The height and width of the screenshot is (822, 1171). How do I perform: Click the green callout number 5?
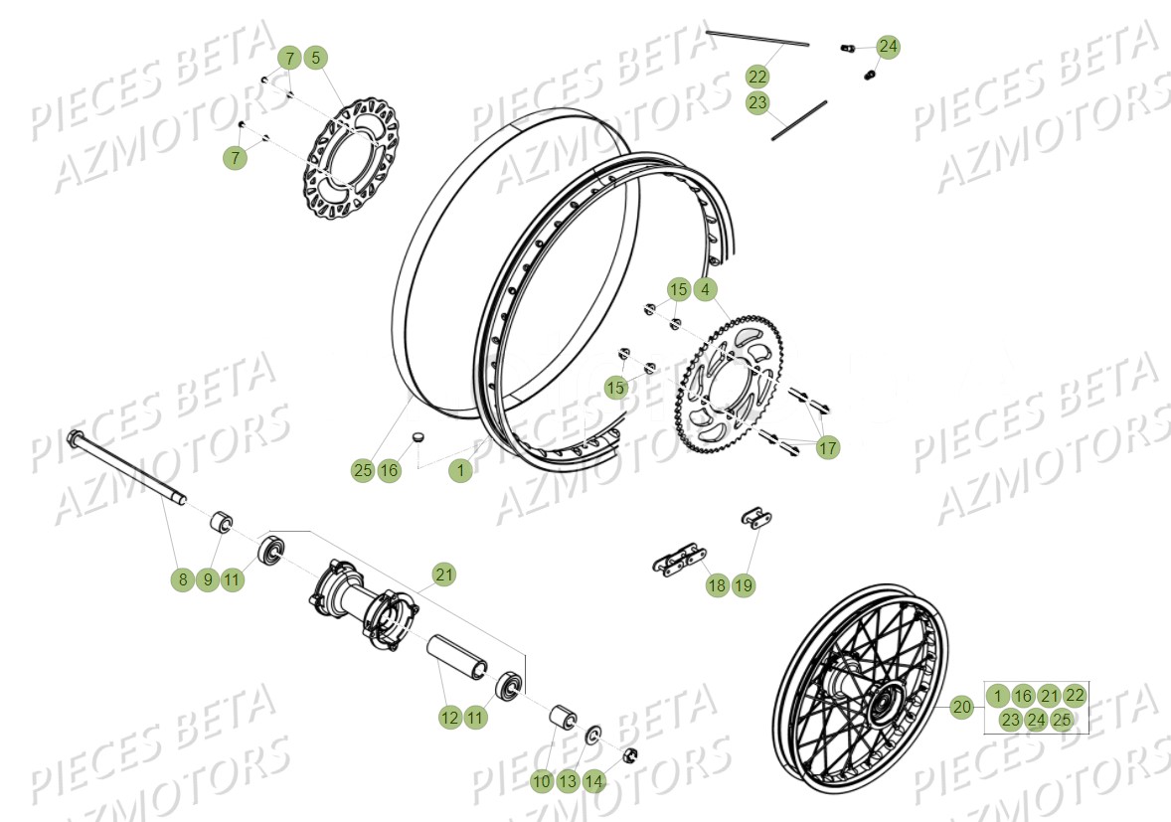(315, 58)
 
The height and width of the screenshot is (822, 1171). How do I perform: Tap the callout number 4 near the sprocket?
(705, 290)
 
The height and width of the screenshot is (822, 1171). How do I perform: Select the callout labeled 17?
(827, 448)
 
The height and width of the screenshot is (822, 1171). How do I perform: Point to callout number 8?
(182, 579)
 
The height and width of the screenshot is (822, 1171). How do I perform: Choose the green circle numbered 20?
(961, 708)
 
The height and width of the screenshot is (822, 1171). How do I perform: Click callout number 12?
(450, 716)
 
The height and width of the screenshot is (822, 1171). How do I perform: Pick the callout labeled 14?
(593, 781)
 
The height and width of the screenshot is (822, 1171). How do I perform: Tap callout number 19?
(744, 585)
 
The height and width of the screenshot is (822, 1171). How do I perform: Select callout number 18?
(717, 585)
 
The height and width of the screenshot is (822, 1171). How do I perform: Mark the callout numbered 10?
(541, 781)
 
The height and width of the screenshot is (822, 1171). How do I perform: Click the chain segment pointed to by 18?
(678, 557)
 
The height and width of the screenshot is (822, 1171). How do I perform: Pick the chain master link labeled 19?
(757, 517)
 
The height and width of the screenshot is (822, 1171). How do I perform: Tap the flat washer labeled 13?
(593, 736)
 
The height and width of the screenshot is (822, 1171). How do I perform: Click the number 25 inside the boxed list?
(1062, 720)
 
